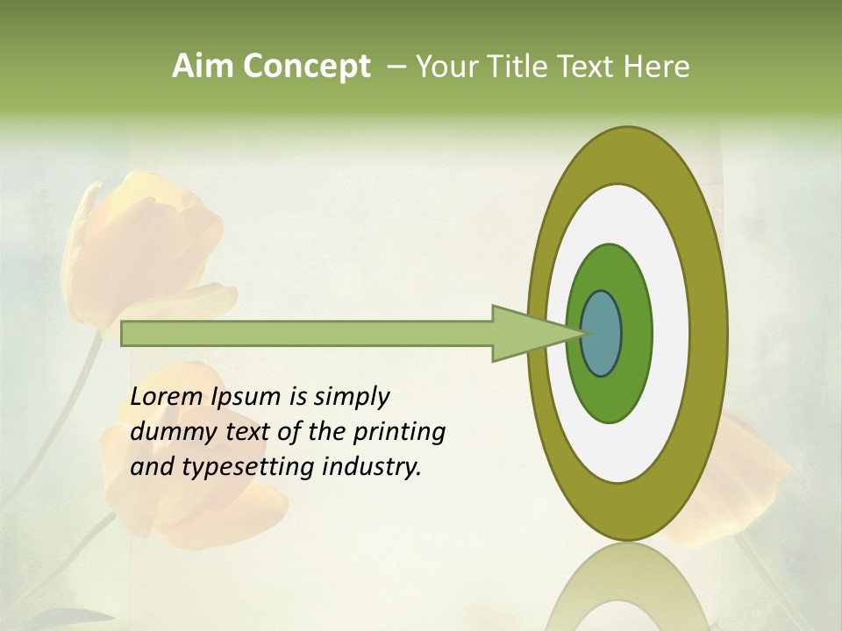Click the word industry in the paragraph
[x=372, y=466]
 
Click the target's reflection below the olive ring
[x=626, y=587]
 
